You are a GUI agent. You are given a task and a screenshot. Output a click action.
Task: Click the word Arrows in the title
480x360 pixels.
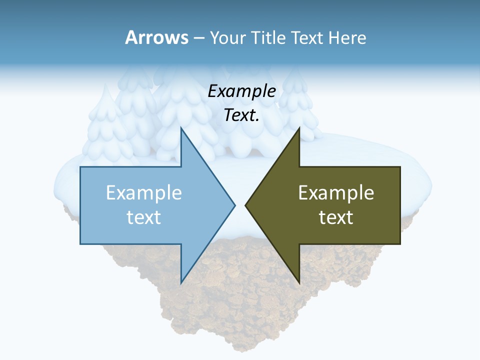point(157,37)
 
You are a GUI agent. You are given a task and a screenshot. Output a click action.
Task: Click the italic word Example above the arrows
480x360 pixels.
point(242,91)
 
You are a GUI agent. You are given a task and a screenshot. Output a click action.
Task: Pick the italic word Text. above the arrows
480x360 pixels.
point(242,115)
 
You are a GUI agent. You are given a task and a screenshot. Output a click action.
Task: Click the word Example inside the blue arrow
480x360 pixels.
point(144,192)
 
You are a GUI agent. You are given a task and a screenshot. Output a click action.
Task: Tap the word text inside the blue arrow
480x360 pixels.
point(144,217)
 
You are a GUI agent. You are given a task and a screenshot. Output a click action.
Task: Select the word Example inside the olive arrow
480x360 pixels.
point(336,192)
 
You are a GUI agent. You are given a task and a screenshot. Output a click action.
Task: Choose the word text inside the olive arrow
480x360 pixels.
point(336,217)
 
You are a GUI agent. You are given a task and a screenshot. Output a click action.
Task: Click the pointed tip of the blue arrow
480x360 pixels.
point(234,205)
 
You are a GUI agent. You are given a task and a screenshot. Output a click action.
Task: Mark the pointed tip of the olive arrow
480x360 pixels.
point(246,205)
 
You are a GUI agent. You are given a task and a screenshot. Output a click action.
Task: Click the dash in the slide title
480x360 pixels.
point(198,38)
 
